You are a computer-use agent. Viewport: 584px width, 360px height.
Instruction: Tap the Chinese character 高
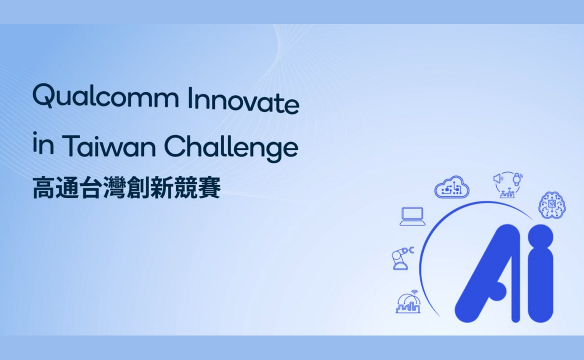tap(42, 188)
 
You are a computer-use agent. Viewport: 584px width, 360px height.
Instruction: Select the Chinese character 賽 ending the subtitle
tap(210, 188)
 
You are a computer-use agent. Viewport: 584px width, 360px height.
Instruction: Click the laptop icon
tap(413, 216)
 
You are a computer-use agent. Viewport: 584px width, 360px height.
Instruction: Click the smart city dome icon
tap(409, 302)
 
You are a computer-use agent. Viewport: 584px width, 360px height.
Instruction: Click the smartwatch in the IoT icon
tap(517, 179)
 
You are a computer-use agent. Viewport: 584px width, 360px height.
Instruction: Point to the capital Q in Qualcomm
tap(42, 96)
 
